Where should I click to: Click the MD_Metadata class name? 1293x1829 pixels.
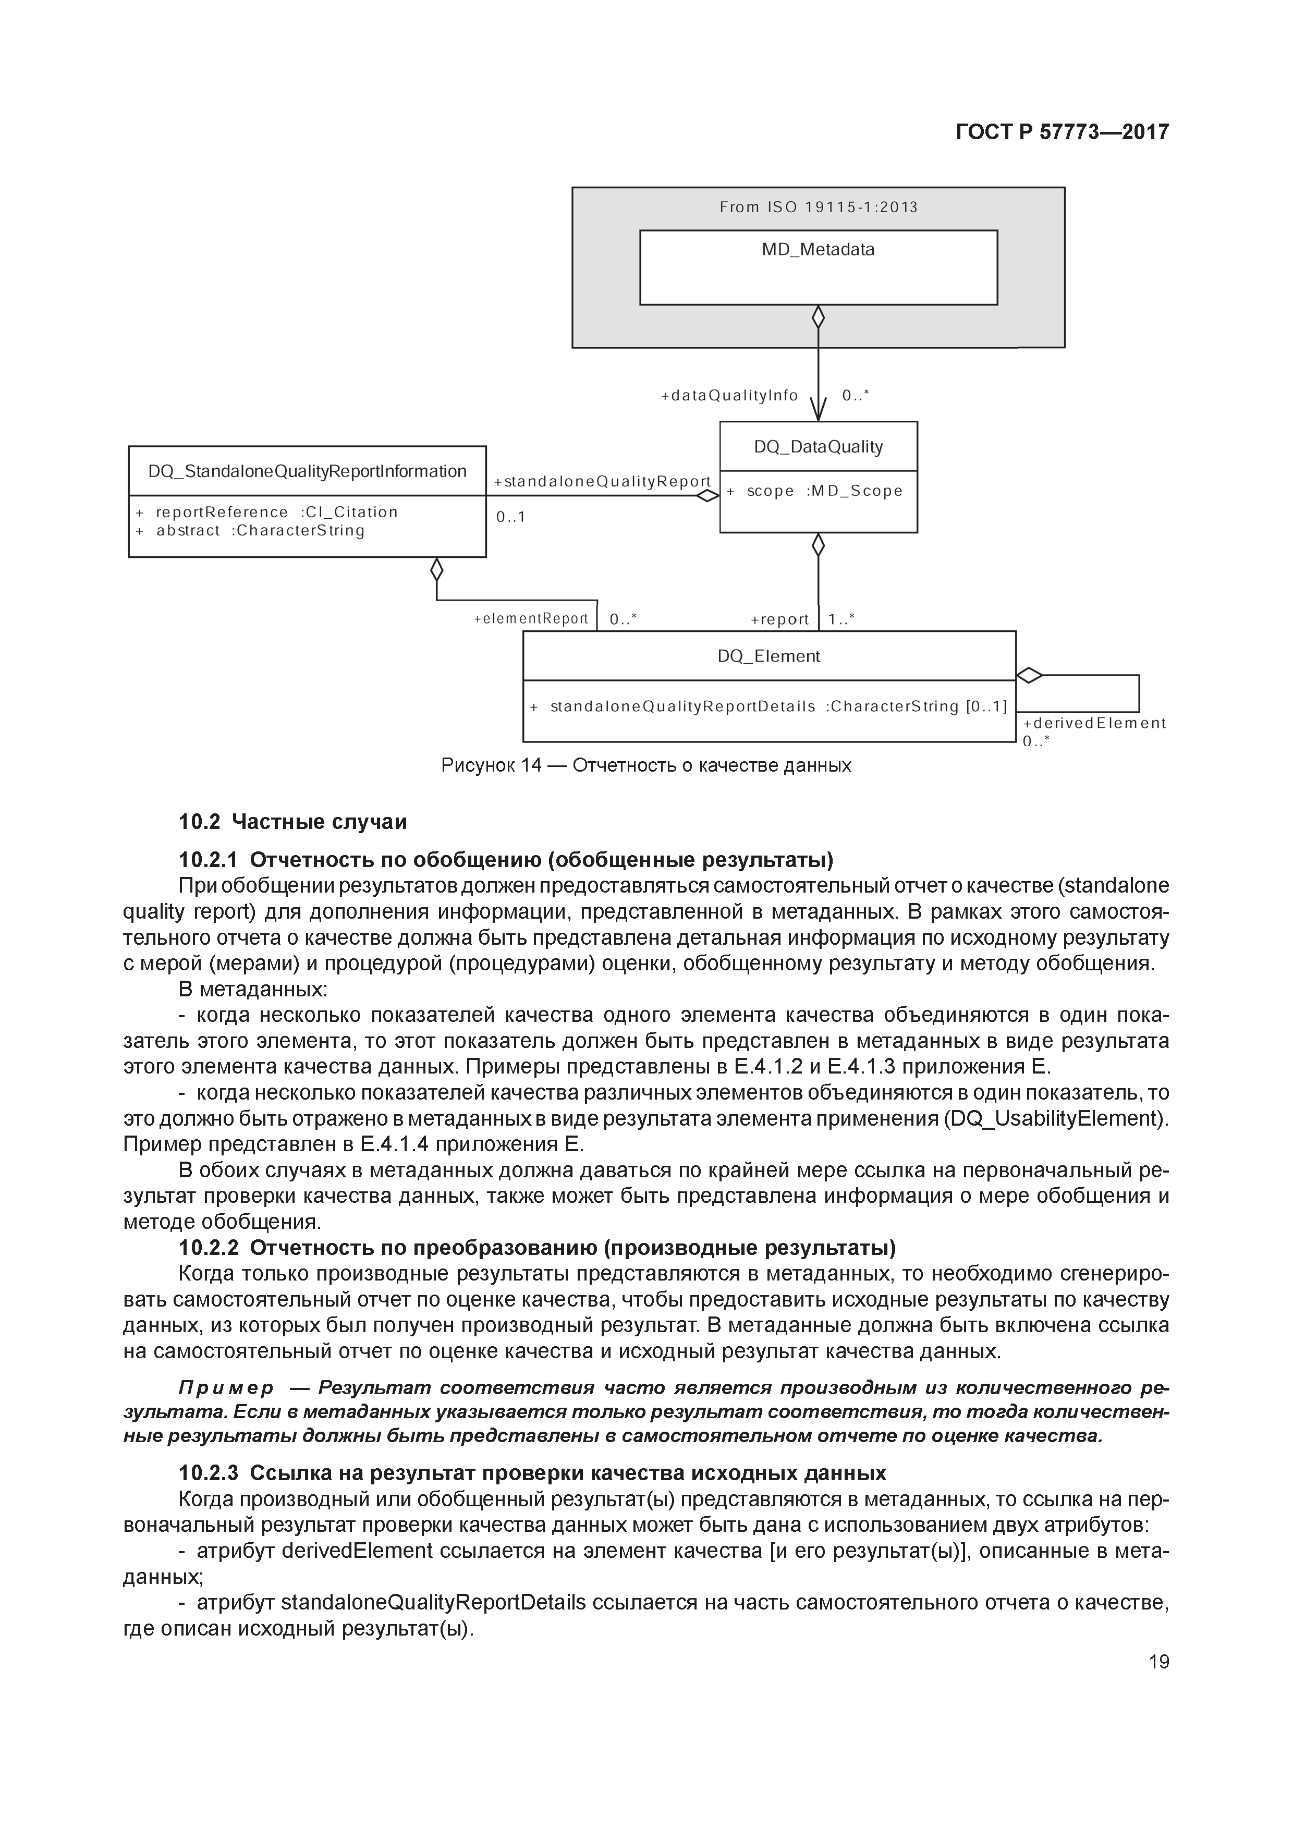(x=818, y=249)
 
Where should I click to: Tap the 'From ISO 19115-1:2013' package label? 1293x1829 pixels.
(x=818, y=207)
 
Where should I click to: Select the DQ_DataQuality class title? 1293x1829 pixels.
(x=818, y=447)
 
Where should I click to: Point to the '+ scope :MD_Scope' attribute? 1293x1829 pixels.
(x=814, y=491)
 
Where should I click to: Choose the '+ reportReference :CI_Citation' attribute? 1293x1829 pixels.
(x=267, y=512)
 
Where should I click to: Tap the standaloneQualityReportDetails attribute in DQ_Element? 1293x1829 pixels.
(x=769, y=706)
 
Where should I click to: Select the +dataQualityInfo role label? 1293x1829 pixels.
(x=729, y=395)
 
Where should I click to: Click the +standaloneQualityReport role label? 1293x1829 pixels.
(x=602, y=481)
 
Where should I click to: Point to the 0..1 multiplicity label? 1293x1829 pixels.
(x=510, y=517)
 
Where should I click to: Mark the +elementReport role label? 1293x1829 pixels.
(x=531, y=618)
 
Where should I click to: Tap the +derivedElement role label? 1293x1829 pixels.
(x=1094, y=723)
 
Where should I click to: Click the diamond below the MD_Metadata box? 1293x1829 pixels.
(x=818, y=317)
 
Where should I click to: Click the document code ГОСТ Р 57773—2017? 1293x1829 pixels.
(x=1062, y=131)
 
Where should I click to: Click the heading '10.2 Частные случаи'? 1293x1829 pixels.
(x=292, y=821)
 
